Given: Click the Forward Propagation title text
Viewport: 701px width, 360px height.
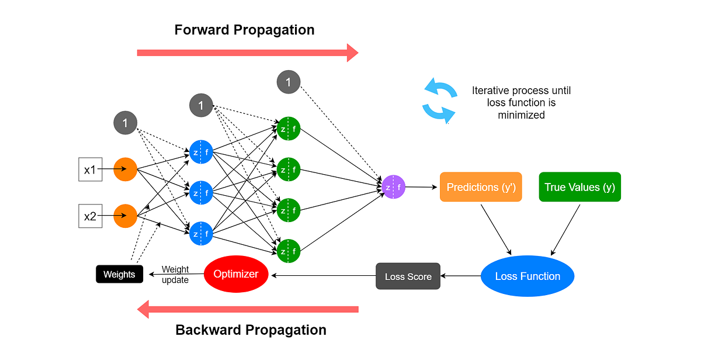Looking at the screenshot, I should click(x=244, y=30).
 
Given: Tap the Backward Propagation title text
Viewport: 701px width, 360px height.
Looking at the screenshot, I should click(x=251, y=330).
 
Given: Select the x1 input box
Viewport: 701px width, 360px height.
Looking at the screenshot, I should click(x=90, y=170).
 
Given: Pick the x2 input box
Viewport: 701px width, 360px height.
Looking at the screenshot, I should click(x=90, y=216).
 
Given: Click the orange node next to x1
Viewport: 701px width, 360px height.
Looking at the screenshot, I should click(x=125, y=170).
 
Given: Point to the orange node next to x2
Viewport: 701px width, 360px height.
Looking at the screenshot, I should click(x=125, y=216).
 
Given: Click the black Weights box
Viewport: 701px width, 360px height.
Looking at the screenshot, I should click(x=119, y=274).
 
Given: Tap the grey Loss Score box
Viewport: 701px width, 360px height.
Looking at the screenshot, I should click(x=408, y=276).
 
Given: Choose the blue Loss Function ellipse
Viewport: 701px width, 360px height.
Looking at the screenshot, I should click(x=528, y=276).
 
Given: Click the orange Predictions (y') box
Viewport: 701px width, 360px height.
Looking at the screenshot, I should click(x=480, y=187).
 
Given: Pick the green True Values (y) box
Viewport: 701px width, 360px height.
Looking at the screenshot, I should click(x=579, y=187).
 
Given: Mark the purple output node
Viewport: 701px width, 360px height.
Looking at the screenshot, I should click(x=394, y=187).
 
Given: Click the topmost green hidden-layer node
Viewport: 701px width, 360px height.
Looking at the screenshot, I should click(x=289, y=129).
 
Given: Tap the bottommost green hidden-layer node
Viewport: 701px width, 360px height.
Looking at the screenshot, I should click(x=289, y=251).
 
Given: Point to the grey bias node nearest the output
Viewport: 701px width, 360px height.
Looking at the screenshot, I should click(x=288, y=82).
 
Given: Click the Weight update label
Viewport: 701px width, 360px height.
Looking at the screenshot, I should click(x=175, y=274).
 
